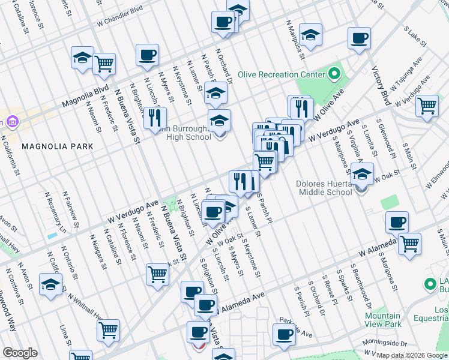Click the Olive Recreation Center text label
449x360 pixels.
280,75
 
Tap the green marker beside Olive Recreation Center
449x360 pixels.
334,75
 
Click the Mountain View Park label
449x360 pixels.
383,320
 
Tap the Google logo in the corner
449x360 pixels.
20,353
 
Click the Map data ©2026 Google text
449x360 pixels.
412,355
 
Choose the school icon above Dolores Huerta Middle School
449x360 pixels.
361,174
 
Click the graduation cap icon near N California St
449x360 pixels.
51,284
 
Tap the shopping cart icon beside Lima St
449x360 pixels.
108,329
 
